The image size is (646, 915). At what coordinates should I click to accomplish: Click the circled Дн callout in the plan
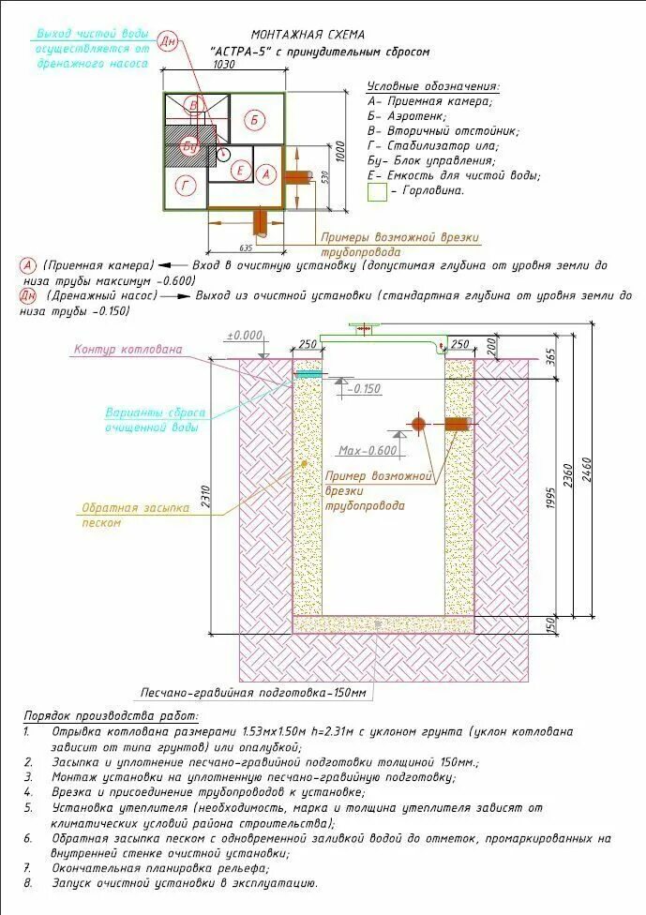[169, 42]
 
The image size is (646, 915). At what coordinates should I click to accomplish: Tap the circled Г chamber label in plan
[187, 187]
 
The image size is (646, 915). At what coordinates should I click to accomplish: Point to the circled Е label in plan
[241, 171]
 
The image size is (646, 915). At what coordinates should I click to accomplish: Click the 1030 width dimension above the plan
[223, 65]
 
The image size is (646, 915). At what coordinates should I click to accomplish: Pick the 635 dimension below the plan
[246, 248]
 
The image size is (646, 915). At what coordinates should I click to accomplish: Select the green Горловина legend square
[377, 192]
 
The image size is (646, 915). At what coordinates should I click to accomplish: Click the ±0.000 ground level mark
[245, 335]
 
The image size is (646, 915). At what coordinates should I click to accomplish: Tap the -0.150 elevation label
[367, 388]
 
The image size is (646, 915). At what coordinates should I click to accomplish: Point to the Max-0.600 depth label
[368, 449]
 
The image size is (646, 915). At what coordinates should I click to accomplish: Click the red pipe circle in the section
[418, 424]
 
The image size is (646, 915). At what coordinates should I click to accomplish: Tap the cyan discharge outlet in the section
[308, 374]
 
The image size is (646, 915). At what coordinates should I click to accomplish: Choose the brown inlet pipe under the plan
[261, 222]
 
